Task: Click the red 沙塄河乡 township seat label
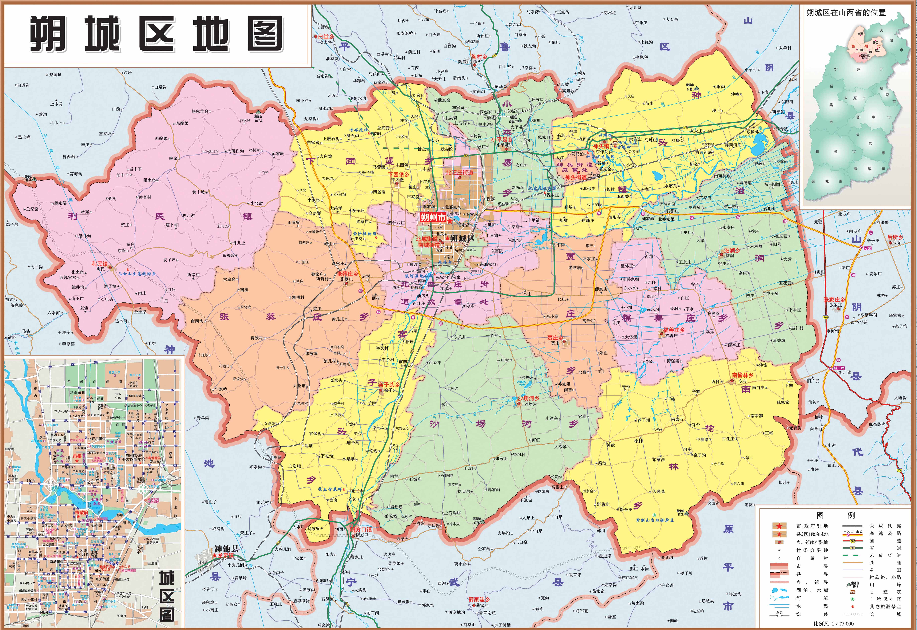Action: (528, 398)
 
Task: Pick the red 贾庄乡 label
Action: (555, 338)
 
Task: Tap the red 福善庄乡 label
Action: (674, 330)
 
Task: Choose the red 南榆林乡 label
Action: (742, 375)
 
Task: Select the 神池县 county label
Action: (226, 549)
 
